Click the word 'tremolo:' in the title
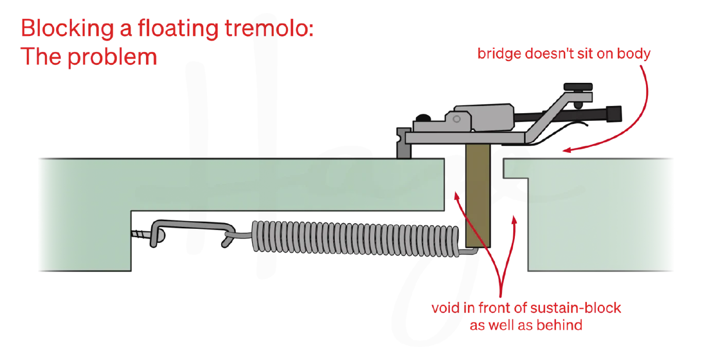pos(268,28)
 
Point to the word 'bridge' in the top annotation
pos(499,54)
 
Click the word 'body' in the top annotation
pos(634,54)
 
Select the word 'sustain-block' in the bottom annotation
pos(575,308)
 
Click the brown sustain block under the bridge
pos(478,195)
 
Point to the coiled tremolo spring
pos(355,239)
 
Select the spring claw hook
pos(192,232)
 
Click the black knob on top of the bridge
pos(578,87)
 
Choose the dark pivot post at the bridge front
pos(404,143)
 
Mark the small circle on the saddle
pos(457,119)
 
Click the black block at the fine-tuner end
pos(614,114)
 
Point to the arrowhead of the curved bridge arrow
pos(566,150)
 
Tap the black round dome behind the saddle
pos(423,118)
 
